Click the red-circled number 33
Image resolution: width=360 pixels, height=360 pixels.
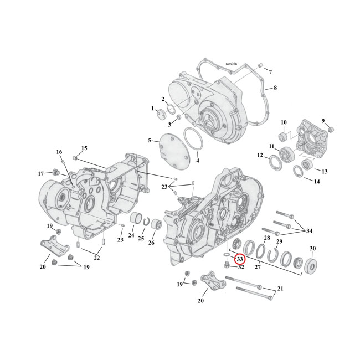pyautogui.click(x=240, y=259)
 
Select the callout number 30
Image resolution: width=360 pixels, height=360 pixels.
pyautogui.click(x=312, y=248)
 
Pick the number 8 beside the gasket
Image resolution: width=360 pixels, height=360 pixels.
pyautogui.click(x=275, y=88)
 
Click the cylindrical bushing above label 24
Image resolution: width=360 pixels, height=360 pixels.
pyautogui.click(x=270, y=72)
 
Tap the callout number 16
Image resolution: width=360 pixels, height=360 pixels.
pyautogui.click(x=59, y=152)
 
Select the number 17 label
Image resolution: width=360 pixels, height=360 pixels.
pyautogui.click(x=40, y=173)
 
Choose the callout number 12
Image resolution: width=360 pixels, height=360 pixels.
pyautogui.click(x=260, y=156)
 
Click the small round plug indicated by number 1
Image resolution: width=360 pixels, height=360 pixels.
pyautogui.click(x=162, y=115)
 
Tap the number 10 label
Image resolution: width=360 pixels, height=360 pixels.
pyautogui.click(x=283, y=122)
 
